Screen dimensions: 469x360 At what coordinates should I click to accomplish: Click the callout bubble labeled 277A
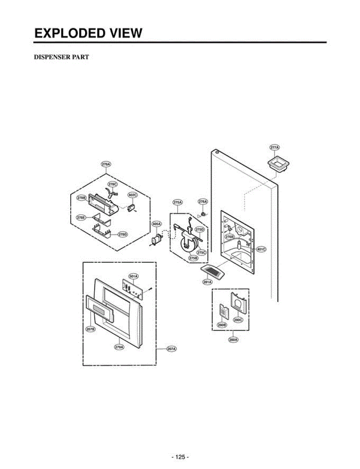pyautogui.click(x=274, y=147)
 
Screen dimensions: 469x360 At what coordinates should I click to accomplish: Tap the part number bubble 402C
pyautogui.click(x=133, y=195)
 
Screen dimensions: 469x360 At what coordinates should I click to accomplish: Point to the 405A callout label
pyautogui.click(x=157, y=224)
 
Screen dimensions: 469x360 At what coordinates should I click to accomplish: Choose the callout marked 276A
pyautogui.click(x=203, y=202)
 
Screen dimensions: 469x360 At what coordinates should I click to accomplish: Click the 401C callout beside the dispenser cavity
pyautogui.click(x=261, y=249)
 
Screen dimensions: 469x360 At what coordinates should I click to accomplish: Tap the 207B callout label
pyautogui.click(x=91, y=329)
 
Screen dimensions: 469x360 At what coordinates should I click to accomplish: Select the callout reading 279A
pyautogui.click(x=119, y=347)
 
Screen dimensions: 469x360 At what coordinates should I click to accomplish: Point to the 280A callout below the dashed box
pyautogui.click(x=233, y=340)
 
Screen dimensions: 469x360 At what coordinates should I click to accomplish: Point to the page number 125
pyautogui.click(x=180, y=457)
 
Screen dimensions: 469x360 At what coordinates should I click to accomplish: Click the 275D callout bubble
pyautogui.click(x=200, y=229)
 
